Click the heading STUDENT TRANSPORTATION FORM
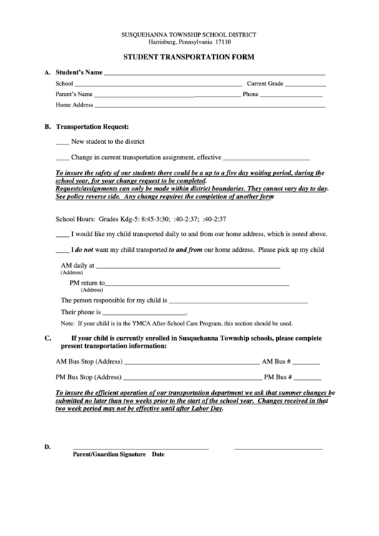(189, 57)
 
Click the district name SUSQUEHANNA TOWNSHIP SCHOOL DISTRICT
(189, 34)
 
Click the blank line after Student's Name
(215, 74)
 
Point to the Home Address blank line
(210, 106)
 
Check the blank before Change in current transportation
(62, 157)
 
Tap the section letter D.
(48, 447)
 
